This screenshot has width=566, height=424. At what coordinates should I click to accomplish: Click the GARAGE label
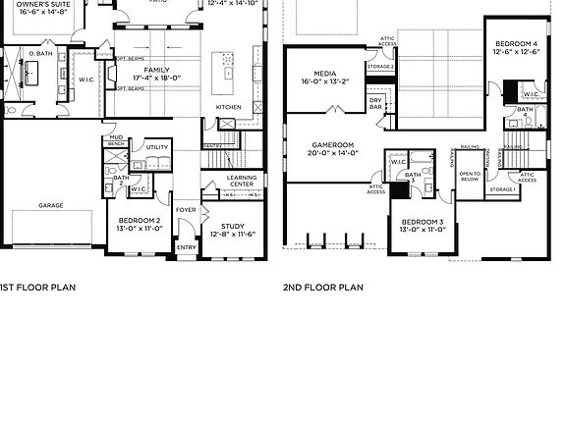51,206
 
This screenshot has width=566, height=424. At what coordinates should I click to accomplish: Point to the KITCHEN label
229,107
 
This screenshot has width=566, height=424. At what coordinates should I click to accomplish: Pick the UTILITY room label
157,147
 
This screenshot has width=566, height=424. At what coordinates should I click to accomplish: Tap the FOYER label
185,210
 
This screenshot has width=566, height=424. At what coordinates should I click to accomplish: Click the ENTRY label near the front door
186,247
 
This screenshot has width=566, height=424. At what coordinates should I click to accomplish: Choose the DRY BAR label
375,101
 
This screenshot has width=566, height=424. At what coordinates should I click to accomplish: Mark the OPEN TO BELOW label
470,178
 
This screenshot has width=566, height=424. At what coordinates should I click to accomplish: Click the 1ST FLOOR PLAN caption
36,288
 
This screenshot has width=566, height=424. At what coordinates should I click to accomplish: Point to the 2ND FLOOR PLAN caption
322,288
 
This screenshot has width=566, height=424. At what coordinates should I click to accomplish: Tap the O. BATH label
40,52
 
